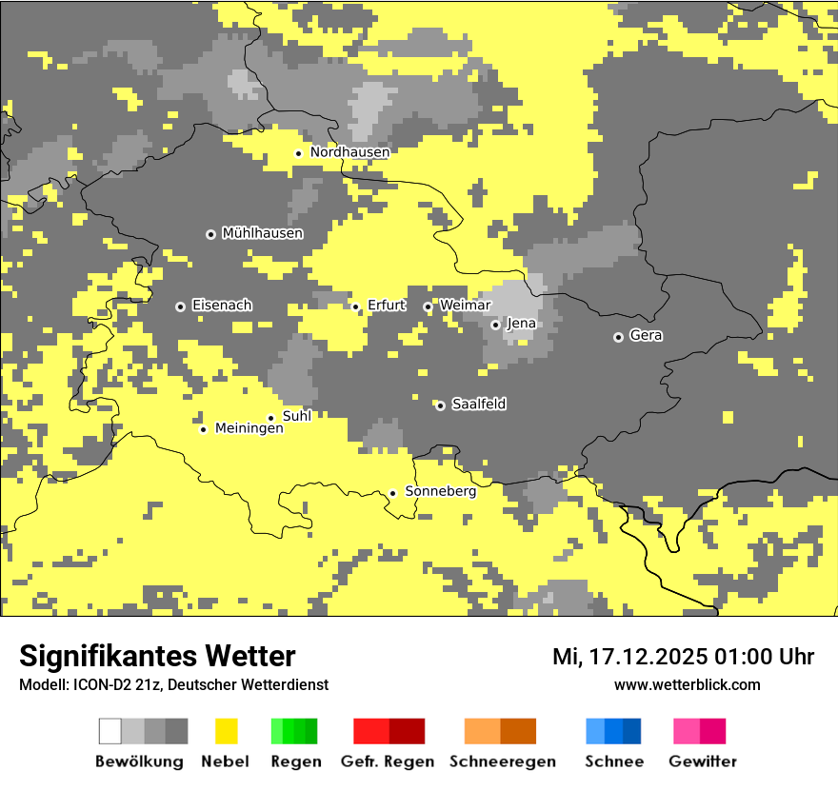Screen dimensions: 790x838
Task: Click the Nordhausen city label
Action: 349,152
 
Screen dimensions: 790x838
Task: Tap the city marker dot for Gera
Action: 618,337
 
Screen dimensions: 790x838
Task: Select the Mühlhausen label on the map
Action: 262,233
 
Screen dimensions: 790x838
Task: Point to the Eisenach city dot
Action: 180,306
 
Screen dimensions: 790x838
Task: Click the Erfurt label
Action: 387,306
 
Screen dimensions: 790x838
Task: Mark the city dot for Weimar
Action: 428,306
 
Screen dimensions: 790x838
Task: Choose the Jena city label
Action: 521,324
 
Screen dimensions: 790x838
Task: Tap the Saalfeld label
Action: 478,405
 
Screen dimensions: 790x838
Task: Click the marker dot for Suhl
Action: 270,418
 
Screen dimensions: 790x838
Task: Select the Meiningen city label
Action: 249,428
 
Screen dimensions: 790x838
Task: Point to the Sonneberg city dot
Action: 392,493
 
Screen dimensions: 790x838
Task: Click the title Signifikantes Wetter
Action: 157,656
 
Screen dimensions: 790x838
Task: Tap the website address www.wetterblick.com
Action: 687,684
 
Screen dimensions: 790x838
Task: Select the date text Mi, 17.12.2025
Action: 628,657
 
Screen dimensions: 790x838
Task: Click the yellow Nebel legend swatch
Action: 227,731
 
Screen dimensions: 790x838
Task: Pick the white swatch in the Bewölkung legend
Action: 110,731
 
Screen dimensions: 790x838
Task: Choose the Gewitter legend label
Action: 702,761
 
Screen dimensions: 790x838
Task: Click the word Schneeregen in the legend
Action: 502,761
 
